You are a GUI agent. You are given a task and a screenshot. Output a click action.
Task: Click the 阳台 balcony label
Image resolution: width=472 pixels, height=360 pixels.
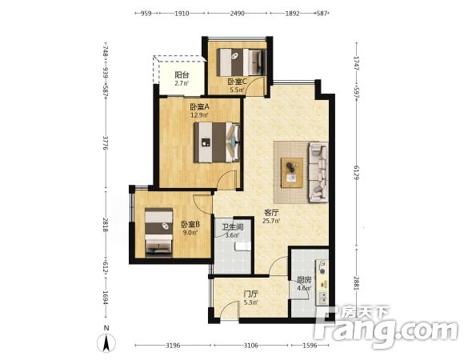[x=182, y=74]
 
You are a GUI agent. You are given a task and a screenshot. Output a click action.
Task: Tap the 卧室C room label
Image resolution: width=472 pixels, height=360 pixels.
[x=238, y=82]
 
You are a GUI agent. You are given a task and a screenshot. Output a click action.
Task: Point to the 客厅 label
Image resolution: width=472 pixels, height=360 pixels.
[x=271, y=213]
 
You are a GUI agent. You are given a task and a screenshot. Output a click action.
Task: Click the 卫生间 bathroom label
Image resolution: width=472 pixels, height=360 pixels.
[x=233, y=227]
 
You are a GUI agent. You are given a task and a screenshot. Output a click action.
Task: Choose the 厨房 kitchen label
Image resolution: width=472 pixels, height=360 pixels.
[x=304, y=280]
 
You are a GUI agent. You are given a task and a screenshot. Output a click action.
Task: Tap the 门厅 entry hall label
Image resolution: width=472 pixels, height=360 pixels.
[x=250, y=294]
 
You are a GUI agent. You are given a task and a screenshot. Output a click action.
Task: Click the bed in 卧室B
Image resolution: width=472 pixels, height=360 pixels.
[x=159, y=232]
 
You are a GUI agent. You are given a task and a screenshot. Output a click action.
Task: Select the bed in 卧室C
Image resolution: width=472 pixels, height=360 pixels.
[x=242, y=62]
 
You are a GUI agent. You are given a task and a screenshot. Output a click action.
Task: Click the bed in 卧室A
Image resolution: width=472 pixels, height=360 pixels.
[x=217, y=142]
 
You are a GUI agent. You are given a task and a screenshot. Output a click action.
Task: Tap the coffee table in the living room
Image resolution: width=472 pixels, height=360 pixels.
[x=292, y=173]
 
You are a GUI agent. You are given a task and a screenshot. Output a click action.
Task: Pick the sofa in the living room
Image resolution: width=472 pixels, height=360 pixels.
[x=318, y=172]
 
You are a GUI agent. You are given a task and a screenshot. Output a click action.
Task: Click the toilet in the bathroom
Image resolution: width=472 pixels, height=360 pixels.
[x=242, y=246]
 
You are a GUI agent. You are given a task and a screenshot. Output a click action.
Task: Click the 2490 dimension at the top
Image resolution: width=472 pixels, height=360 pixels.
[x=238, y=14]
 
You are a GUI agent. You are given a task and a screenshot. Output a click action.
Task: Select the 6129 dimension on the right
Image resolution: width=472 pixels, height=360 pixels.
[x=357, y=173]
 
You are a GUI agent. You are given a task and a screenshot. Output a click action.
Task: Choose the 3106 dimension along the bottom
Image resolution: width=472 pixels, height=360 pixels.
[x=250, y=346]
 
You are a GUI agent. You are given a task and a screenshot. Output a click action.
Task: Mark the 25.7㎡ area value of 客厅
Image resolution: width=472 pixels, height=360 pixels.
[x=271, y=222]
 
